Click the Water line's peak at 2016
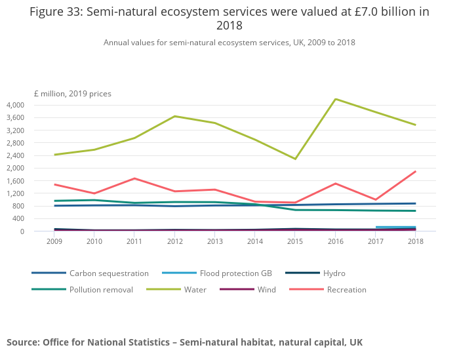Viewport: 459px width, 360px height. [x=336, y=99]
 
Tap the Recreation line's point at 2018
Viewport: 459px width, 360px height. [x=415, y=172]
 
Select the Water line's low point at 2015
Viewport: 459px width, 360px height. [x=295, y=159]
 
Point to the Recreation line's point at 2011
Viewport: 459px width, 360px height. [x=134, y=178]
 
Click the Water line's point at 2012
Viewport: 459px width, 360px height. [x=174, y=116]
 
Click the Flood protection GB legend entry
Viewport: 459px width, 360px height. [x=223, y=273]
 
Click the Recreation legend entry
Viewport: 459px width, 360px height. [x=346, y=290]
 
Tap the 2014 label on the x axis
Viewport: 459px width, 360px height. [x=255, y=242]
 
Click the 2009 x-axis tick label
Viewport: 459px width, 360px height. [x=54, y=242]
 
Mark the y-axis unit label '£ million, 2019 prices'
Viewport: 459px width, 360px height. [x=73, y=94]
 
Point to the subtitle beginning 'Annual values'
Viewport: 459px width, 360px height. [x=229, y=43]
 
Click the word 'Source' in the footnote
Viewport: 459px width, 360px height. [x=23, y=342]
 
